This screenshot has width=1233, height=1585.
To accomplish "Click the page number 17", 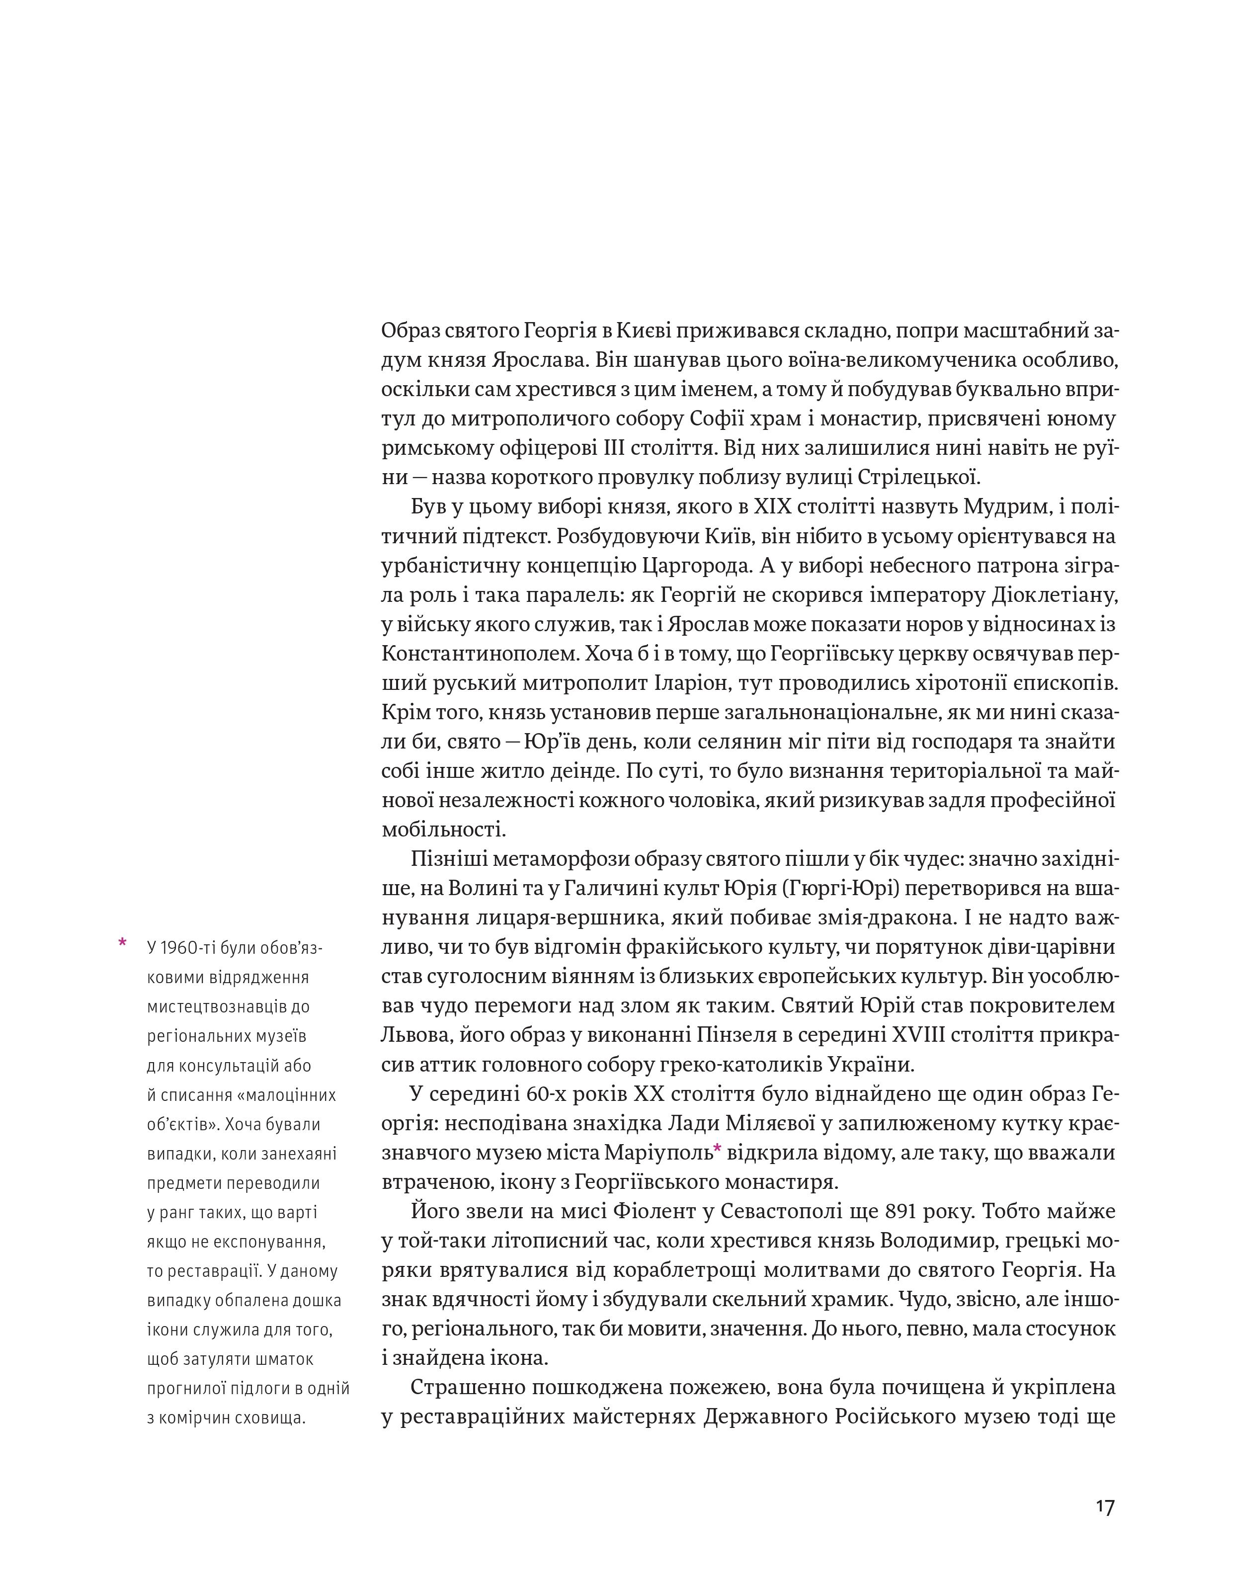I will coord(1105,1506).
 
